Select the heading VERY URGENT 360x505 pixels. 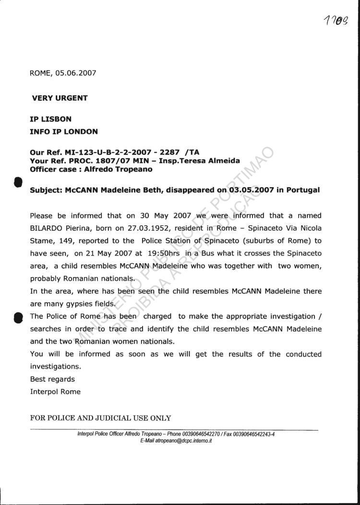click(60, 98)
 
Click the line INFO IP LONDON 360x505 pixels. click(64, 131)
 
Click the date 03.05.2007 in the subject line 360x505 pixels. click(249, 189)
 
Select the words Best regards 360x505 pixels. click(52, 379)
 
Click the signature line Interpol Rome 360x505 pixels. click(55, 391)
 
